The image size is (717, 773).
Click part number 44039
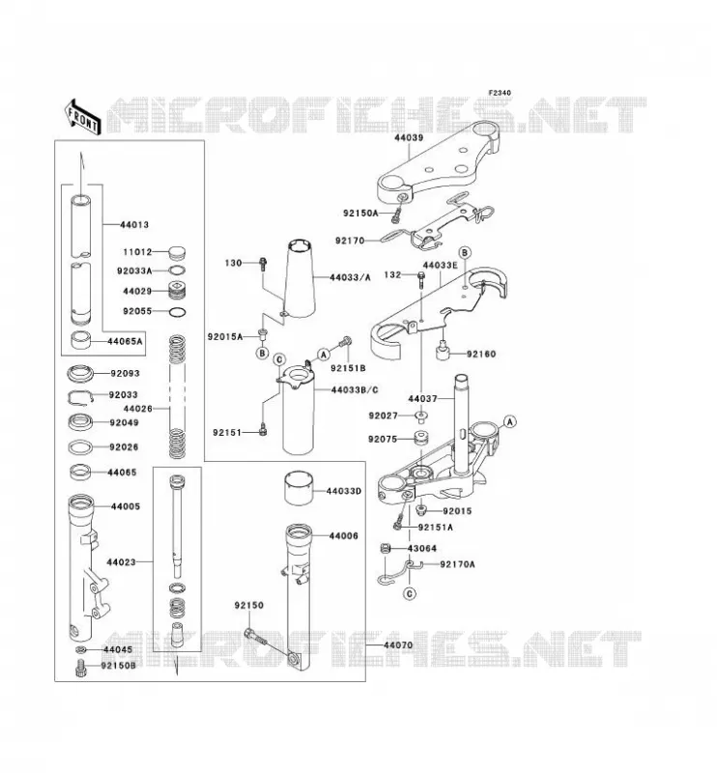409,138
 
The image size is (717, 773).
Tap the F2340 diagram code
500,93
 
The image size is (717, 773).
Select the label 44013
134,225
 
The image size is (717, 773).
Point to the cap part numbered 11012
177,253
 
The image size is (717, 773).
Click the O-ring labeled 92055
178,312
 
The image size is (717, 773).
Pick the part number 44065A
125,341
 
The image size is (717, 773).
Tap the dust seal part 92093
82,374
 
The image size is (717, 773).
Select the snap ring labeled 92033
80,397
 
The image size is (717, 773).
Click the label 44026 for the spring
137,409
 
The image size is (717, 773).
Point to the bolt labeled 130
263,264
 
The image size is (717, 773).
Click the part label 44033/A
350,277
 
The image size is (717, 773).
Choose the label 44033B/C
355,390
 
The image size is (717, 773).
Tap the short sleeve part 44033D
300,489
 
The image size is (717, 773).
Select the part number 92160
481,354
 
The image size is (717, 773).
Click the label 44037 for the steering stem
422,398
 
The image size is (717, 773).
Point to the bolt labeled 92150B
80,669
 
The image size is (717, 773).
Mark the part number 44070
398,645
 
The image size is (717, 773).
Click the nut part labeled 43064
387,548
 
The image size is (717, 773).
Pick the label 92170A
457,564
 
